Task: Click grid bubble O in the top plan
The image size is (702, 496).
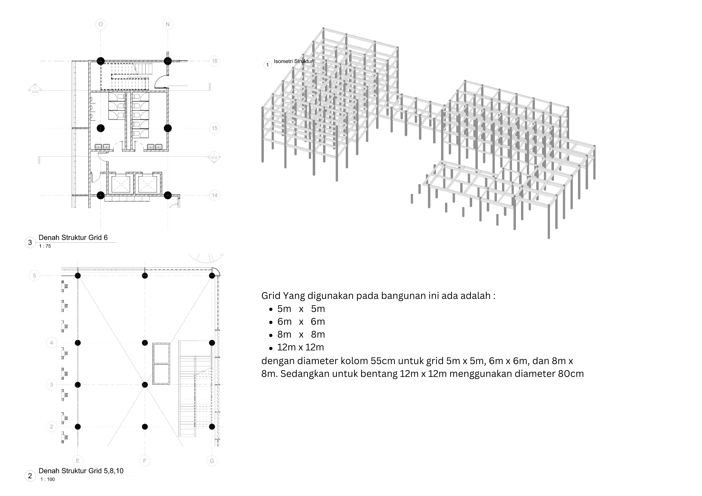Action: click(x=101, y=24)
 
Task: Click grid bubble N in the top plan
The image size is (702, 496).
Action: click(x=168, y=24)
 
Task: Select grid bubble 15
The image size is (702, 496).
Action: click(x=215, y=128)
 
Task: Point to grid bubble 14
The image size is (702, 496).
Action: click(x=215, y=195)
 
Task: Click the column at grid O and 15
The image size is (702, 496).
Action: click(x=101, y=128)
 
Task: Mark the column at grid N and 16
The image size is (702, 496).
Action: click(x=168, y=61)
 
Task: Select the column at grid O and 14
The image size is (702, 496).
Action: click(x=101, y=195)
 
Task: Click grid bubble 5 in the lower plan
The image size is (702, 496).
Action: click(x=34, y=276)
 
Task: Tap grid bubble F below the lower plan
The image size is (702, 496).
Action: click(x=145, y=460)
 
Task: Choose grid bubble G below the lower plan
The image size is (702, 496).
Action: click(x=212, y=460)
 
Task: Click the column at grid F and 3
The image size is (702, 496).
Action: click(x=145, y=385)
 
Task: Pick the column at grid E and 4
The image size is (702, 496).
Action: click(x=78, y=343)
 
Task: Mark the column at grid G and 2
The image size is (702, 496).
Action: click(x=212, y=427)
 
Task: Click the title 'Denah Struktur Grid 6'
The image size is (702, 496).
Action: click(x=73, y=238)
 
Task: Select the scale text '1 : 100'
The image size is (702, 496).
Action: click(x=47, y=479)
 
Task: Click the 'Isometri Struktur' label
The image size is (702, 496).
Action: click(x=293, y=61)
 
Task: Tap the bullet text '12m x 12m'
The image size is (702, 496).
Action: click(x=300, y=347)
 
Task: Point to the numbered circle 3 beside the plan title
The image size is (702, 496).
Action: click(x=30, y=243)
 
